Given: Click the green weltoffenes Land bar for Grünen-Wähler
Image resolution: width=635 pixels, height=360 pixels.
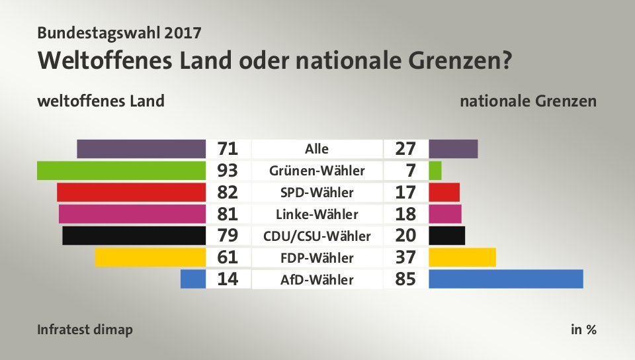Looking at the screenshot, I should click(122, 171).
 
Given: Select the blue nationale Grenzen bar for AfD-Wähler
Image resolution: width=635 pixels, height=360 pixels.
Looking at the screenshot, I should click(506, 279).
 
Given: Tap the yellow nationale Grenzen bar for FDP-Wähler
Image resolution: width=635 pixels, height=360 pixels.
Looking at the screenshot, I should click(462, 257).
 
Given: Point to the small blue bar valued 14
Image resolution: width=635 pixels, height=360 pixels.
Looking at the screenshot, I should click(193, 279).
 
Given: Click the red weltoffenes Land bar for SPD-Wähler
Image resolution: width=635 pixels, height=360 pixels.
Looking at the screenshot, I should click(132, 193).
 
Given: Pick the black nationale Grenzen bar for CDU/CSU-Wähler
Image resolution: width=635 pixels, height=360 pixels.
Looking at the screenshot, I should click(447, 236).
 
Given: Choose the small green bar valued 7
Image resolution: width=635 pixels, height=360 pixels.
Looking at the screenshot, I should click(435, 171).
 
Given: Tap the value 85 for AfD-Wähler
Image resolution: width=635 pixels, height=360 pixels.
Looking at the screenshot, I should click(405, 279).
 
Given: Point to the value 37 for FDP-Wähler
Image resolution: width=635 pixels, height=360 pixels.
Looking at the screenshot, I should click(405, 257).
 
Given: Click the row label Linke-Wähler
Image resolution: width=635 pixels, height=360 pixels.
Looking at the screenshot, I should click(317, 214).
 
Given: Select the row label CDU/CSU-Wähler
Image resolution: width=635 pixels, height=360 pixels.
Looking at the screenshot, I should click(317, 236).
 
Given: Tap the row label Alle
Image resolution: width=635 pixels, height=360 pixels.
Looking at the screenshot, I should click(317, 149).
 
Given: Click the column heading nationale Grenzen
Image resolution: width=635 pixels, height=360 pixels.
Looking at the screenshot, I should click(529, 101).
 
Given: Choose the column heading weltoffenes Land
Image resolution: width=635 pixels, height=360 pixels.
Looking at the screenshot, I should click(101, 101).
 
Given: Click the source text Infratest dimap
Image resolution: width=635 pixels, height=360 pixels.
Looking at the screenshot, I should click(85, 329).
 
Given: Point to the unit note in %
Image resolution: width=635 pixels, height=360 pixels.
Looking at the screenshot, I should click(583, 329).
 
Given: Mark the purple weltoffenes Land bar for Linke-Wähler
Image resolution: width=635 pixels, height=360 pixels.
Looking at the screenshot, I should click(132, 214).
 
